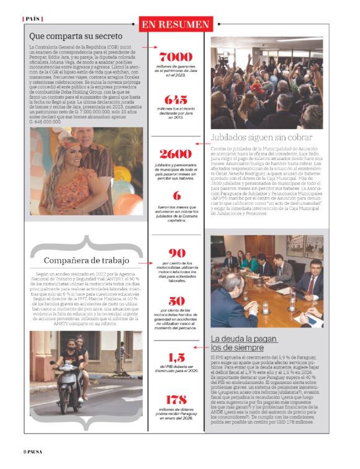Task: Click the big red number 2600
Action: (176, 154)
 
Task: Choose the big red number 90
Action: (176, 253)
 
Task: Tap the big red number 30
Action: (176, 301)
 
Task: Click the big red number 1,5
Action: (176, 357)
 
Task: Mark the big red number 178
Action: (176, 400)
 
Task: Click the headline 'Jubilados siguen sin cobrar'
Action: (261, 137)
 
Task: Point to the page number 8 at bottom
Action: (25, 450)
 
